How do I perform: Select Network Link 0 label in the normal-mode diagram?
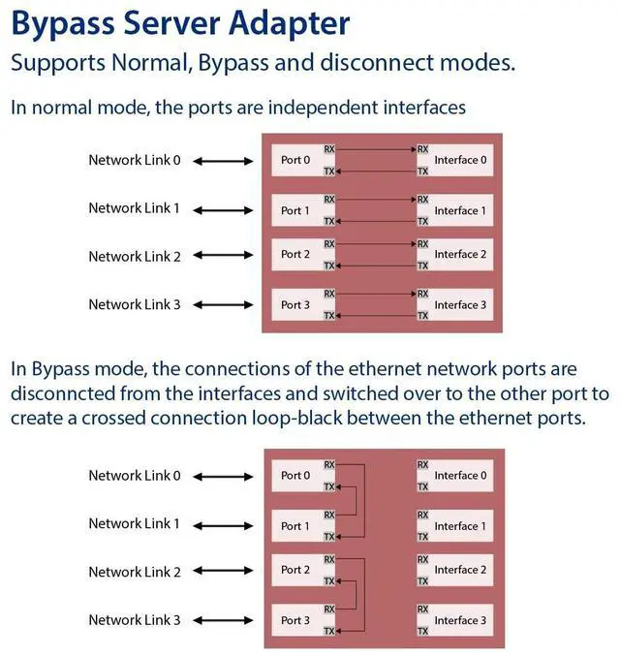135,160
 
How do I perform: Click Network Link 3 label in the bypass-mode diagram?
135,619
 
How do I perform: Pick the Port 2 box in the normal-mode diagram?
295,255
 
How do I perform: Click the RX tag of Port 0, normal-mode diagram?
329,149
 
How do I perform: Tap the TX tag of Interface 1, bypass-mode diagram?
422,537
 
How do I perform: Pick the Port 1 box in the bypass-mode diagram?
295,526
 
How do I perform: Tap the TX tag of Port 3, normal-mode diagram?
329,316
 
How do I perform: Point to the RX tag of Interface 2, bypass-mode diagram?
422,560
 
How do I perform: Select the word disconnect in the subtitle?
408,64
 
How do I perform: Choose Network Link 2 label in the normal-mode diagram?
135,257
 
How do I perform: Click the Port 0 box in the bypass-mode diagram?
295,476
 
